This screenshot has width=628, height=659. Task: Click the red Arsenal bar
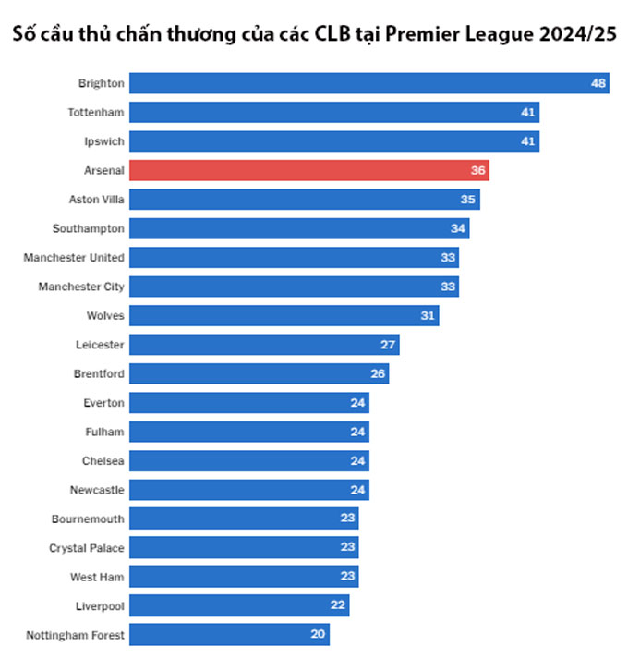(308, 170)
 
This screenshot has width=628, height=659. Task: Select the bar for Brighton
(368, 83)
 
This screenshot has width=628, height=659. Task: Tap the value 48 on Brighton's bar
(598, 83)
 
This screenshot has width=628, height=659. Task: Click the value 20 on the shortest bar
(319, 635)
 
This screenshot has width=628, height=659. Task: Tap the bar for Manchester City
(294, 287)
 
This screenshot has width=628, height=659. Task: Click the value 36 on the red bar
(477, 170)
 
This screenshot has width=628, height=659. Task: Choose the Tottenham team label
(96, 112)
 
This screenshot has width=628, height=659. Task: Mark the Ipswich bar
(333, 141)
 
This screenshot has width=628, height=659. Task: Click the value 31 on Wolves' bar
(428, 315)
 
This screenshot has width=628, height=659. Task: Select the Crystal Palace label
(87, 548)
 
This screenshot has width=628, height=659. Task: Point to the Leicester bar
(263, 345)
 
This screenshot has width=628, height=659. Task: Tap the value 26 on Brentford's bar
(377, 373)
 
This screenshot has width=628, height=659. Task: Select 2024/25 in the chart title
(574, 35)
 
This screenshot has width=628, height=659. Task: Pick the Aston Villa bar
(304, 200)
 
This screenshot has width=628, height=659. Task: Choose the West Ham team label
(97, 577)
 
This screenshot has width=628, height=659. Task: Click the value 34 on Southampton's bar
(458, 228)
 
